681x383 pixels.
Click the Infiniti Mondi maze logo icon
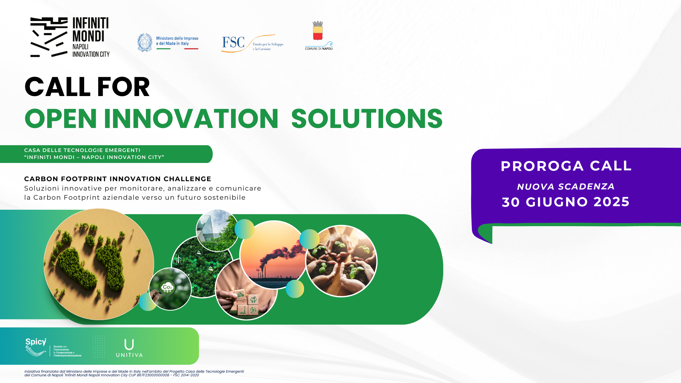pyautogui.click(x=49, y=37)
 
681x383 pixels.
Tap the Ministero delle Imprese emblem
pyautogui.click(x=145, y=43)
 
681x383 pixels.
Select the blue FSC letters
pyautogui.click(x=233, y=42)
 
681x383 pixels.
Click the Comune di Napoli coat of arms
pyautogui.click(x=318, y=31)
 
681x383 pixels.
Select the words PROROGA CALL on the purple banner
pyautogui.click(x=566, y=166)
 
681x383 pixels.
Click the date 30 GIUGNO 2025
pyautogui.click(x=565, y=202)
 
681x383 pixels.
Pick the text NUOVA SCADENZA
pyautogui.click(x=566, y=186)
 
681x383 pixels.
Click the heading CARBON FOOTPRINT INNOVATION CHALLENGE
pyautogui.click(x=118, y=179)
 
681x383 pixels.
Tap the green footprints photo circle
pyautogui.click(x=99, y=264)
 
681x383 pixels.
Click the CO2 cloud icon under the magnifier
pyautogui.click(x=167, y=287)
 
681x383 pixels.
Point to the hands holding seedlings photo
pyautogui.click(x=341, y=261)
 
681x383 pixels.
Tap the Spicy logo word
pyautogui.click(x=36, y=342)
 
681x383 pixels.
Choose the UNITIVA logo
pyautogui.click(x=129, y=348)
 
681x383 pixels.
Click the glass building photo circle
pyautogui.click(x=217, y=230)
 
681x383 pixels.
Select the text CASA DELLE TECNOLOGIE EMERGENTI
pyautogui.click(x=82, y=150)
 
